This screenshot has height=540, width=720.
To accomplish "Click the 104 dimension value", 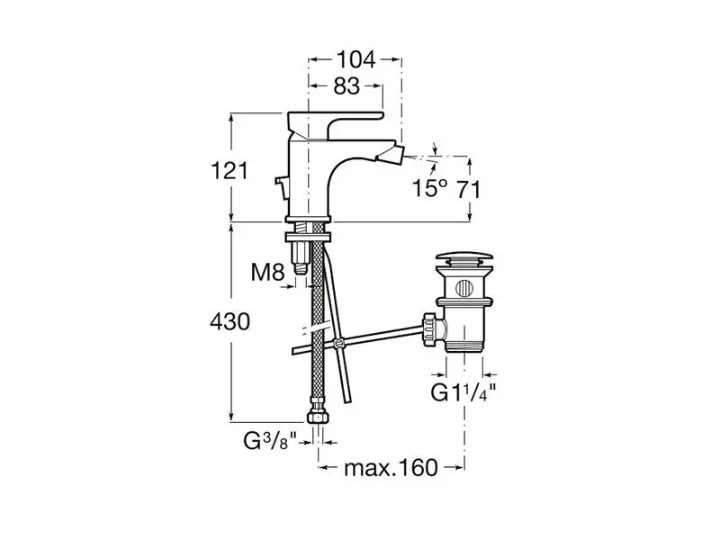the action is pos(356,59).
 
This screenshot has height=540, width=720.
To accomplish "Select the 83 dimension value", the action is pos(346,85).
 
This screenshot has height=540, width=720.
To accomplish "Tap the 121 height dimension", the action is pos(229,171).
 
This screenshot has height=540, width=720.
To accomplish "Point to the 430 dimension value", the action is pos(230,321).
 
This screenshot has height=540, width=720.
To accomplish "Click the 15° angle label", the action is pos(429,188).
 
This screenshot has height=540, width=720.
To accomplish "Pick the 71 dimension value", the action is pos(468,189).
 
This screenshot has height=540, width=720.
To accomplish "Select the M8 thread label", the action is pos(267,273).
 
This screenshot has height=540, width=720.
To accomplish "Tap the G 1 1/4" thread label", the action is pos(463,392).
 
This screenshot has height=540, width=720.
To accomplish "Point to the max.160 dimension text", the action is pos(391,468).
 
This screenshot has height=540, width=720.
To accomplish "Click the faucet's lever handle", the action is pos(335,125).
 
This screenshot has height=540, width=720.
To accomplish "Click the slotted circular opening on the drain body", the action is pos(463,288).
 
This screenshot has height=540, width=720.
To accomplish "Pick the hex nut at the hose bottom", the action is pos(319,417).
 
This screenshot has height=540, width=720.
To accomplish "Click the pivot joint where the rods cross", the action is pos(339,343).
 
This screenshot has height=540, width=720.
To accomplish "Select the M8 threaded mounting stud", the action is pos(300,258).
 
